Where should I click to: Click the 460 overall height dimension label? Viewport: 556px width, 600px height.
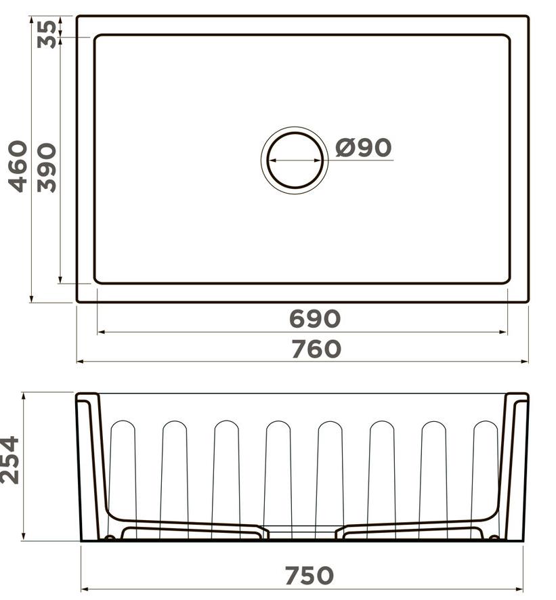click(18, 166)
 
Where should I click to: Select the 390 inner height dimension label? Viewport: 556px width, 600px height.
click(47, 167)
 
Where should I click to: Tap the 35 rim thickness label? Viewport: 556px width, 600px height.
click(47, 34)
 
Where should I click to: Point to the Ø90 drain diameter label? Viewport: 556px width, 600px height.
click(363, 148)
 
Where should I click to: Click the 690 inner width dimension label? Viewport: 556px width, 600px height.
click(314, 319)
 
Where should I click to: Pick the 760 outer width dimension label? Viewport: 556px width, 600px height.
click(316, 349)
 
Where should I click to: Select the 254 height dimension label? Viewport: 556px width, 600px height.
click(10, 460)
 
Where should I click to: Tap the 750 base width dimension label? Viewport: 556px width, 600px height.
click(309, 575)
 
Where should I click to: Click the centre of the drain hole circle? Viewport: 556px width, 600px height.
click(295, 160)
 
